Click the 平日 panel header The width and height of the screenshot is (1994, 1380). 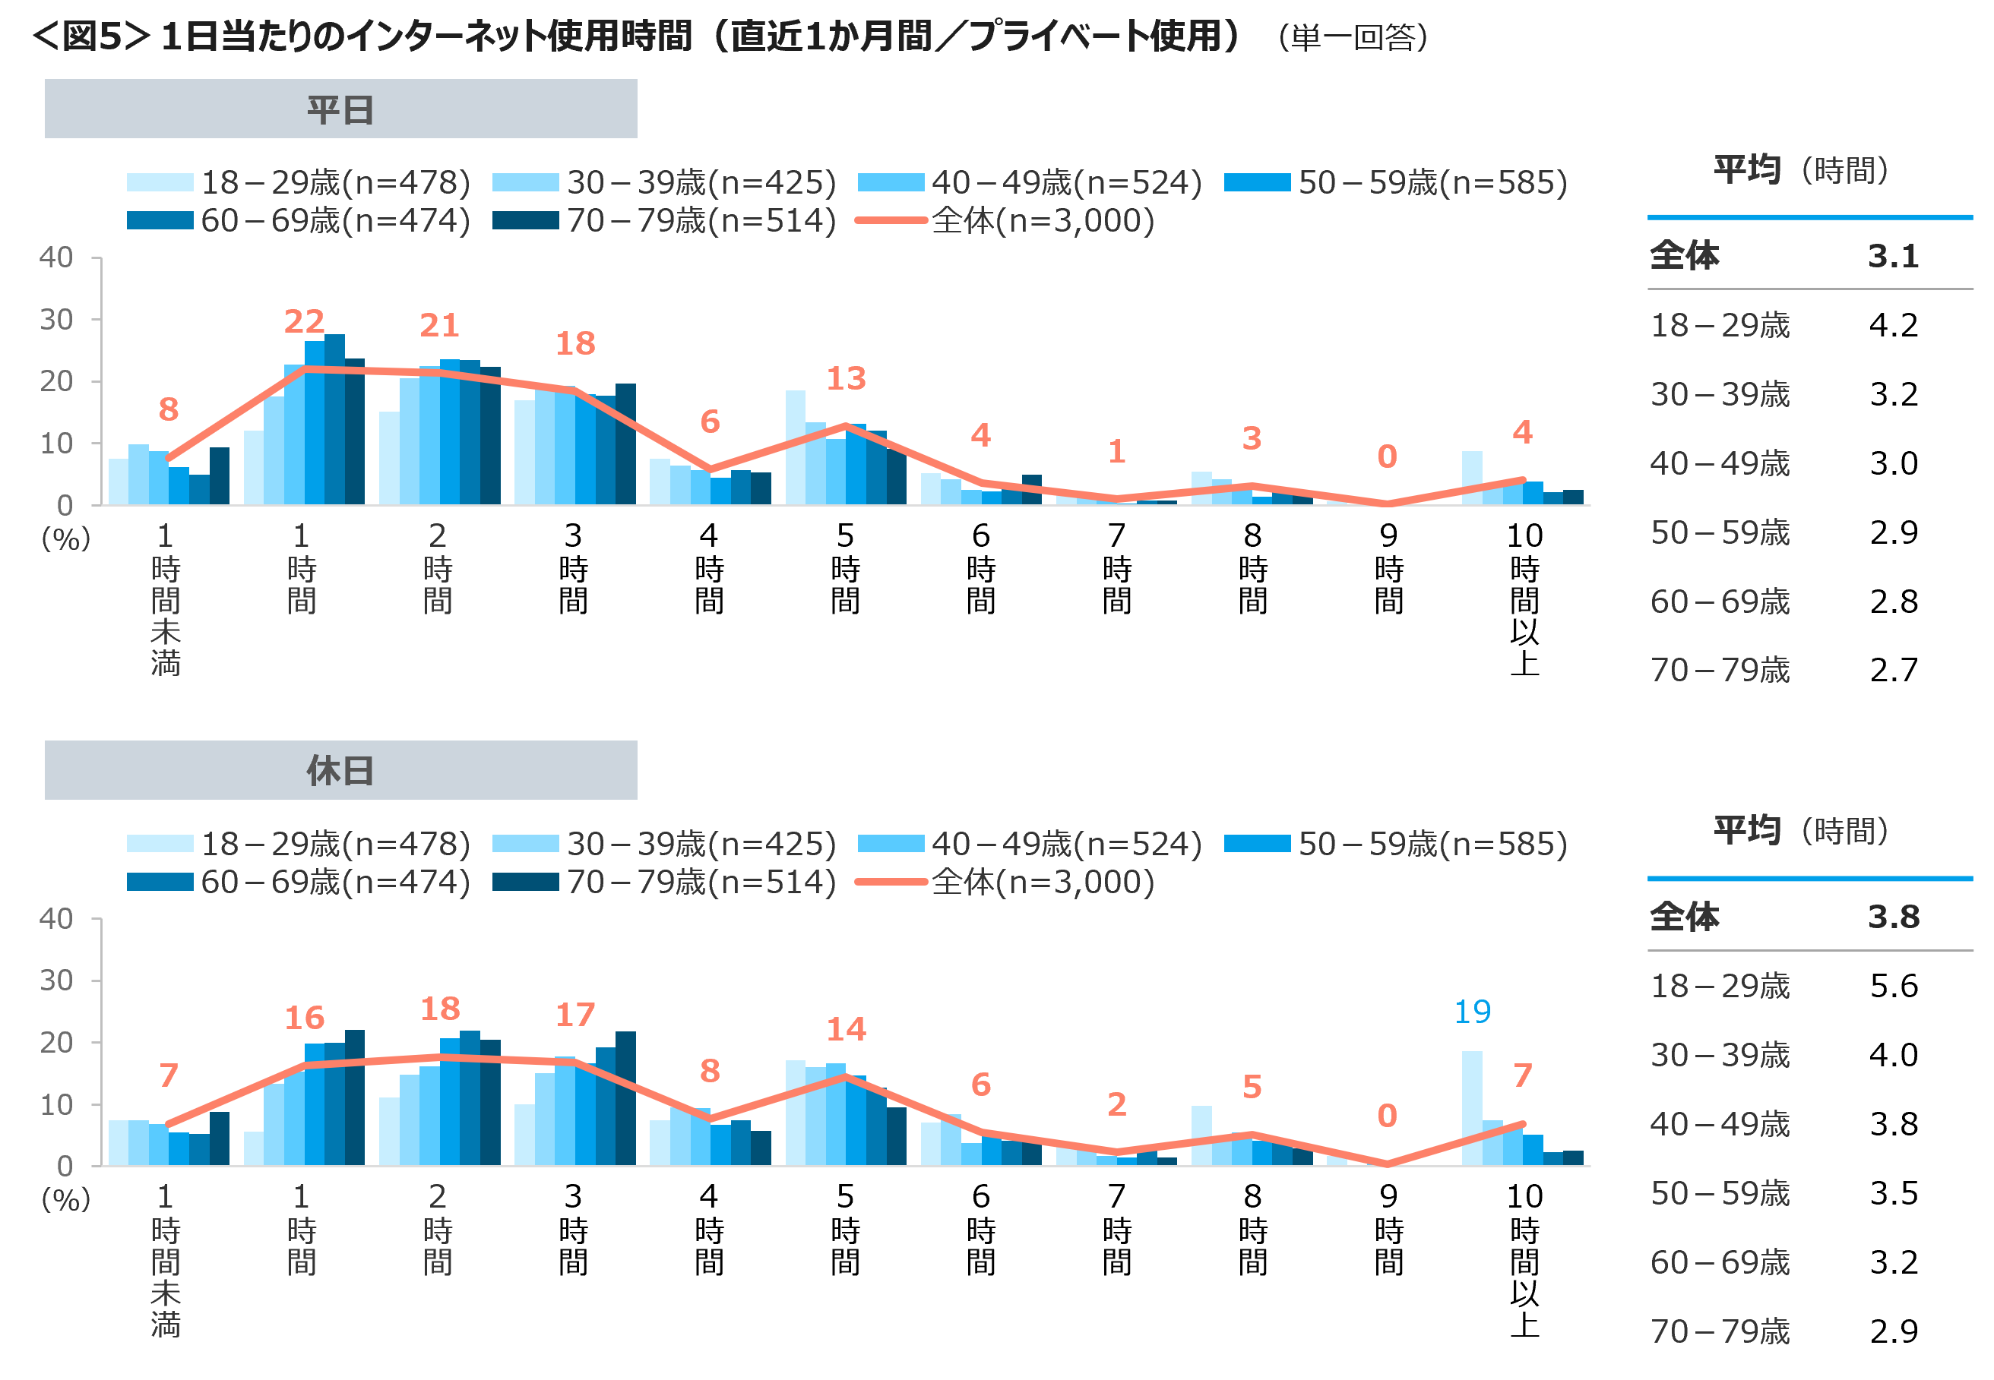(x=341, y=109)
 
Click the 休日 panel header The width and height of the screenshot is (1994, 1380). (x=341, y=769)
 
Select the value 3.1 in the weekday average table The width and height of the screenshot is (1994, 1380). (x=1893, y=256)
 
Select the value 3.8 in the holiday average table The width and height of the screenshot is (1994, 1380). (x=1893, y=917)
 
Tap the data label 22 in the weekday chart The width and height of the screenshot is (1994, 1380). (x=304, y=322)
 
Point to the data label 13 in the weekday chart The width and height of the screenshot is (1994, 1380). (x=845, y=378)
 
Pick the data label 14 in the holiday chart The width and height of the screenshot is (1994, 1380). (x=845, y=1029)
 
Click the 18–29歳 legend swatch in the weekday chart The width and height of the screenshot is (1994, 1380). (x=160, y=182)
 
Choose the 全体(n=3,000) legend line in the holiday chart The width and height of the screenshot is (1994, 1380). (x=891, y=882)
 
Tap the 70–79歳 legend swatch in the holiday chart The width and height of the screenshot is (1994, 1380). (x=526, y=882)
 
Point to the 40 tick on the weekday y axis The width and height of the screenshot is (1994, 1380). (x=56, y=257)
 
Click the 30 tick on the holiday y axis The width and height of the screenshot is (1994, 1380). (x=56, y=981)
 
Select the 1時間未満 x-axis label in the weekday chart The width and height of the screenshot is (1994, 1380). (x=165, y=598)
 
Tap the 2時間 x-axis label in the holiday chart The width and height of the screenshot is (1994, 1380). (x=438, y=1228)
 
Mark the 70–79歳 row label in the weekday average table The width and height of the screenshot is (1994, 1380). (x=1720, y=670)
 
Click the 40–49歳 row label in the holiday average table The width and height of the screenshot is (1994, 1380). (x=1720, y=1124)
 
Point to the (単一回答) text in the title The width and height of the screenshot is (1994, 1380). (x=1353, y=37)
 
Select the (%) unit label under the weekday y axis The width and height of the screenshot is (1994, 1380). (x=66, y=539)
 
